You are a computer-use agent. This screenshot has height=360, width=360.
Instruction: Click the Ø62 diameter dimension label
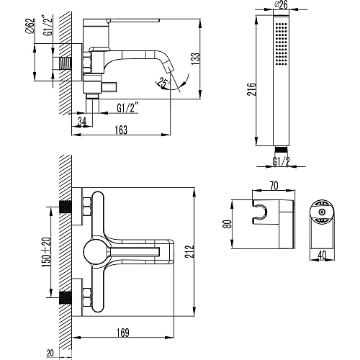(x=31, y=27)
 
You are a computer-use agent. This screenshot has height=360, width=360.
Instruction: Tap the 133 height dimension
(x=195, y=58)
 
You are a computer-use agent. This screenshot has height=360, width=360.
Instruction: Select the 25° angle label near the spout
(x=164, y=82)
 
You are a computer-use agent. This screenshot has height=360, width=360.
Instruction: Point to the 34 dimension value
(x=82, y=122)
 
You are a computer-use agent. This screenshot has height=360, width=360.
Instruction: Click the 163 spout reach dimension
(x=121, y=130)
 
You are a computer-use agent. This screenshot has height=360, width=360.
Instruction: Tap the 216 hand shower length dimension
(x=252, y=89)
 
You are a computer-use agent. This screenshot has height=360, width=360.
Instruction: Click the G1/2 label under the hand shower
(x=281, y=161)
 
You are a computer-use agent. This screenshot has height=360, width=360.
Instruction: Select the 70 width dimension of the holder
(x=274, y=186)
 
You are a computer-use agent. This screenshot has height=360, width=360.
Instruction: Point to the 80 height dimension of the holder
(x=228, y=224)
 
